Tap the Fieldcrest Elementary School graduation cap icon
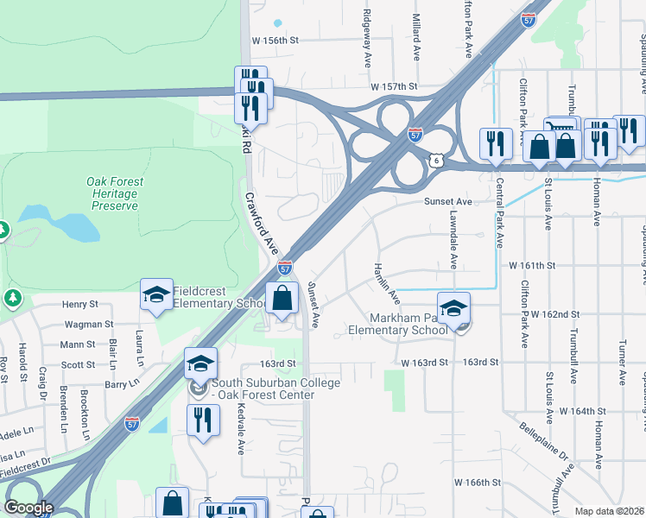(x=157, y=295)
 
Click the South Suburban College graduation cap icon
(x=200, y=364)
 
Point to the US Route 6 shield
(x=438, y=161)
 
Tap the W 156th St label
(x=275, y=40)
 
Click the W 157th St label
(x=394, y=86)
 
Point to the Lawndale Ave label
(x=453, y=243)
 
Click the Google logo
(x=28, y=508)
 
